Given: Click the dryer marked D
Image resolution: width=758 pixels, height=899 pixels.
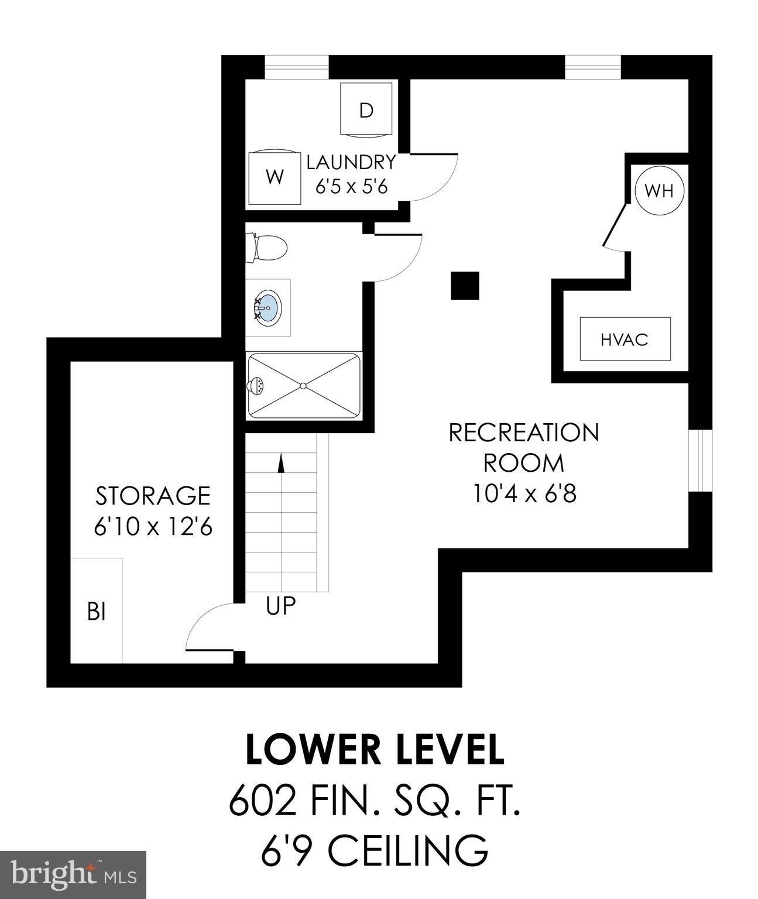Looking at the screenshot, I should (x=366, y=109).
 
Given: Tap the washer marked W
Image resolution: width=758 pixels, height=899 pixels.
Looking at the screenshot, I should (x=275, y=177).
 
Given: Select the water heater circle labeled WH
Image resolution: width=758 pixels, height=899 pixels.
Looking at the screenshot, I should (x=659, y=190).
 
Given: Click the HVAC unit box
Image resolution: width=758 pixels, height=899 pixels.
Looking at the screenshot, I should (x=625, y=339).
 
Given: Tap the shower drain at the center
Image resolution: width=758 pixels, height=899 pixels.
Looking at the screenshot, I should (x=303, y=386).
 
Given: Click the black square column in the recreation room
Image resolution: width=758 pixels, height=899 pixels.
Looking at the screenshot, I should (x=465, y=286).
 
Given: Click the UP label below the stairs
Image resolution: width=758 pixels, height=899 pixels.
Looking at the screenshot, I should (x=281, y=606).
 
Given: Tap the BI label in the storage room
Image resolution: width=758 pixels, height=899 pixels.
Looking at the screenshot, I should (x=97, y=612).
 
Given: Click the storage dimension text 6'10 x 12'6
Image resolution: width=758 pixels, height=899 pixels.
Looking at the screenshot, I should (x=153, y=527).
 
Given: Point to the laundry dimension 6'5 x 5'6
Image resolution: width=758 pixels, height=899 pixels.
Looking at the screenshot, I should (x=351, y=187).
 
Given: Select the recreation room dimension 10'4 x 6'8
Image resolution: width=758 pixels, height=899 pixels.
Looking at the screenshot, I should (x=524, y=493).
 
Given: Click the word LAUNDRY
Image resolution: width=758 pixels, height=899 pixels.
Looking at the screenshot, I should (x=351, y=162).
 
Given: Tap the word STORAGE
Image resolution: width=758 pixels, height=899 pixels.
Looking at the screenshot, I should (x=153, y=496).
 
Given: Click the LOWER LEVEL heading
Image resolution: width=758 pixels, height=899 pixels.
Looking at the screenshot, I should (x=375, y=750).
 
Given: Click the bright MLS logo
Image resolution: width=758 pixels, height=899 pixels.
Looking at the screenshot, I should (x=73, y=875).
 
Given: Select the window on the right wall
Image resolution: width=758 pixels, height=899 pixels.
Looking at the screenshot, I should (x=700, y=461).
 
